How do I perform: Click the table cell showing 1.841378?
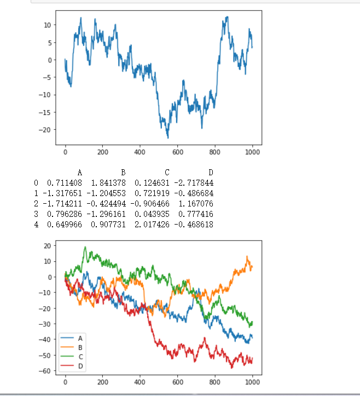[108, 182]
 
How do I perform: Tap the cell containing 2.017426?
[151, 225]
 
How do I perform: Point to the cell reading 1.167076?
[196, 204]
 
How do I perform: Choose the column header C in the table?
[167, 172]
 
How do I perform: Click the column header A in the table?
[80, 172]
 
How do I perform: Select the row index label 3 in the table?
[36, 214]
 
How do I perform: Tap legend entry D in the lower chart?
[75, 366]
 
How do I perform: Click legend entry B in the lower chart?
[75, 347]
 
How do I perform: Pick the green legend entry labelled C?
[75, 357]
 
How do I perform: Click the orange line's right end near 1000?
[252, 266]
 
